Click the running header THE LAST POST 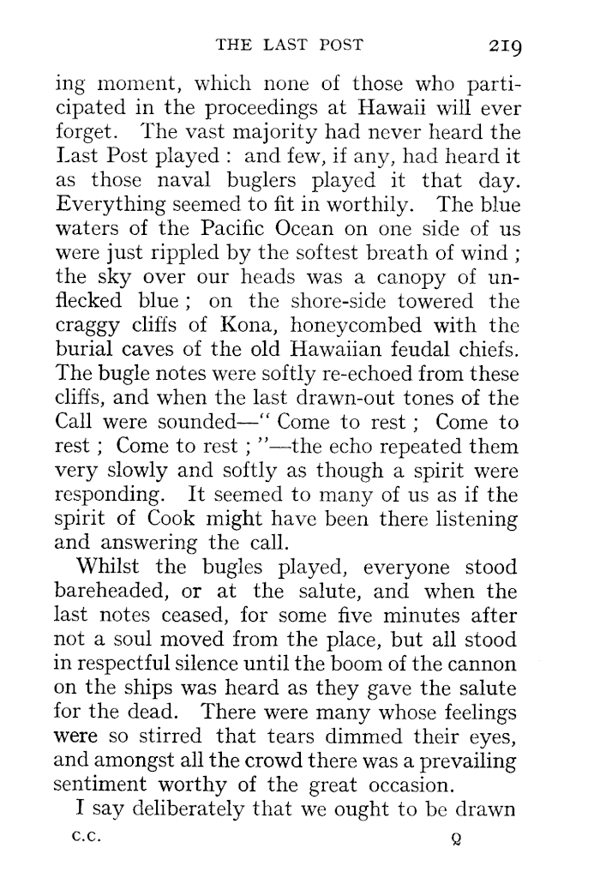(x=302, y=45)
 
